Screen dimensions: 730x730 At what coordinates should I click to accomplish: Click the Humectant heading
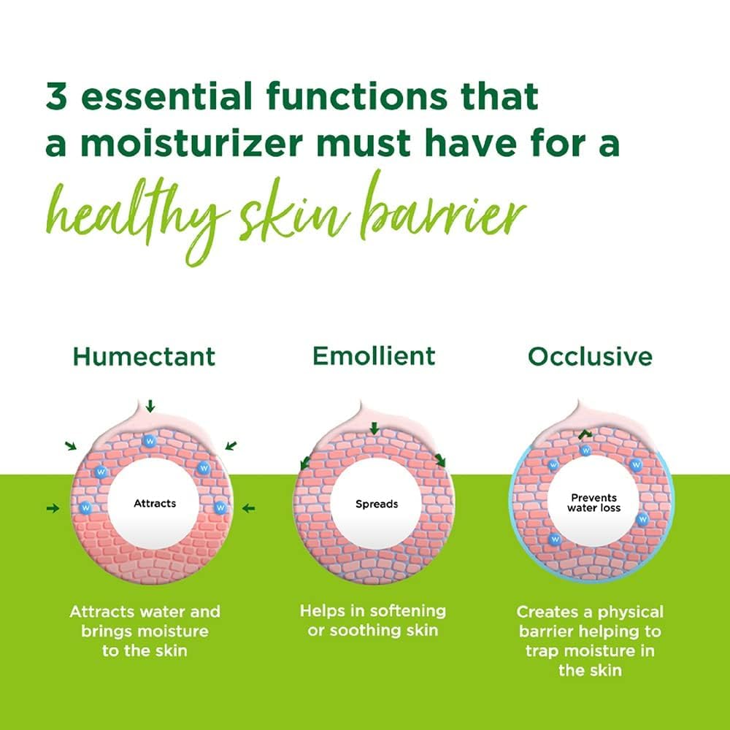[x=144, y=356]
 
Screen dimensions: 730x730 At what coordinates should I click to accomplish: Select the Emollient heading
[x=374, y=356]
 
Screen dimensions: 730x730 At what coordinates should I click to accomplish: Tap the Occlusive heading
[x=590, y=356]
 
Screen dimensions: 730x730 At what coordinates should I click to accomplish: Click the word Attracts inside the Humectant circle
[x=155, y=503]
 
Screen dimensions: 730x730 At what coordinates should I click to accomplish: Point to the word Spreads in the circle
[x=377, y=504]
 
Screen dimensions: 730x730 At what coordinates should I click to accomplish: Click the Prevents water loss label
[x=594, y=502]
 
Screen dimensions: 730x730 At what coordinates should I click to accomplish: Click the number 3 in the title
[x=57, y=97]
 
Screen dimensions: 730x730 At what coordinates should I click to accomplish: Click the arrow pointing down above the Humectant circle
[x=150, y=405]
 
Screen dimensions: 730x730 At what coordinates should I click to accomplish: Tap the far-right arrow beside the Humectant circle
[x=249, y=507]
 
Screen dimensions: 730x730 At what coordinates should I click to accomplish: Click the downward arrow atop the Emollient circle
[x=374, y=429]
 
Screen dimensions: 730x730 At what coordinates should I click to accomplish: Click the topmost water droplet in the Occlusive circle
[x=585, y=450]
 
